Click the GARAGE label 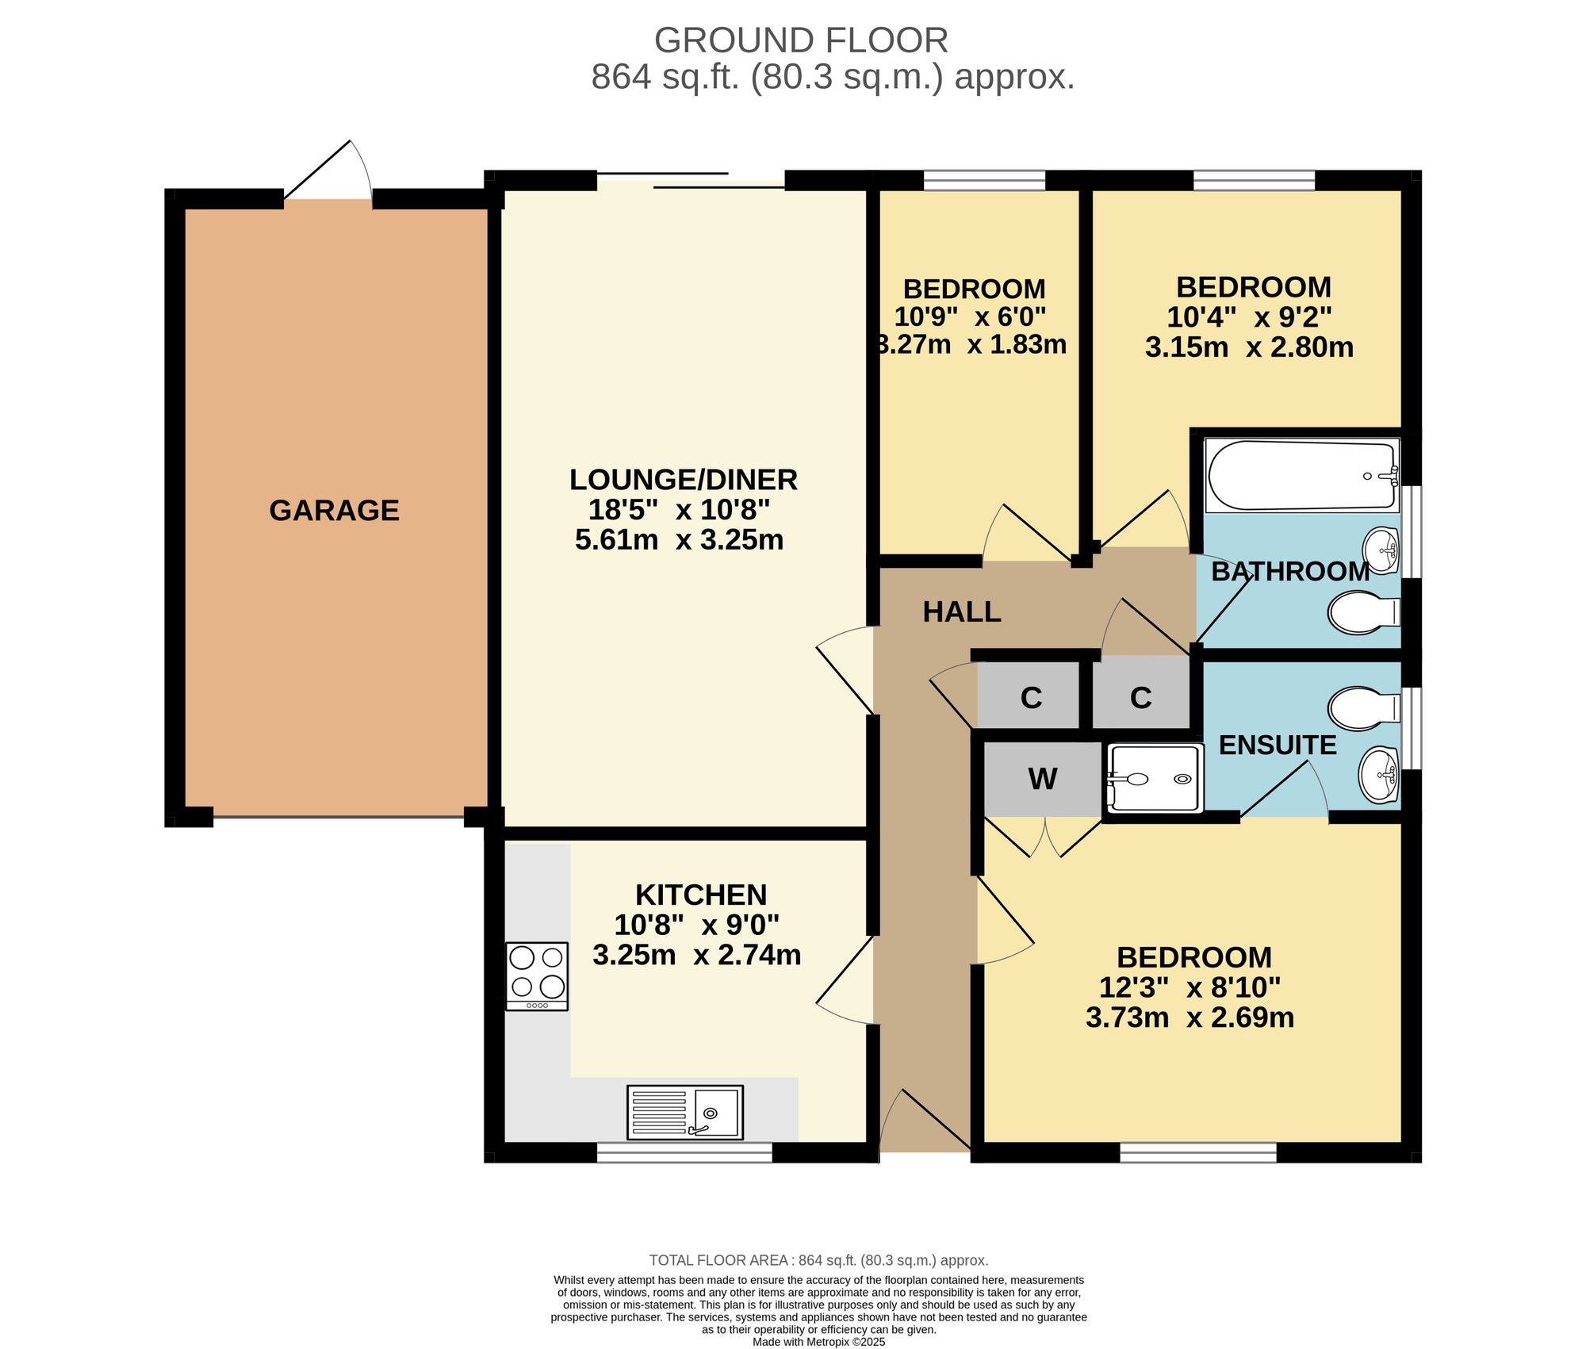[x=334, y=511]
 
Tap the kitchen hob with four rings [x=537, y=976]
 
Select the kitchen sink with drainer [x=685, y=1112]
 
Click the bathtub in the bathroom [x=1301, y=475]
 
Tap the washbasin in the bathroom [x=1381, y=550]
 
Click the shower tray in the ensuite [x=1155, y=778]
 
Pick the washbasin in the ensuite [x=1380, y=774]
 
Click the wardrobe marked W [x=1042, y=780]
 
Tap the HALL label [x=962, y=612]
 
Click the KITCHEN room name [x=701, y=895]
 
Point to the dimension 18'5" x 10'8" [x=680, y=509]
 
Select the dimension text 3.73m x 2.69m [x=1189, y=1017]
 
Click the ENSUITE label [x=1278, y=745]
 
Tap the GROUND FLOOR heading [x=801, y=40]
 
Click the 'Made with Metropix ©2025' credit [x=818, y=1342]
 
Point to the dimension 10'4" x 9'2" [x=1249, y=317]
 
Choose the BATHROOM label [x=1290, y=572]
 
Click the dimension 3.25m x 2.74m [x=696, y=955]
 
